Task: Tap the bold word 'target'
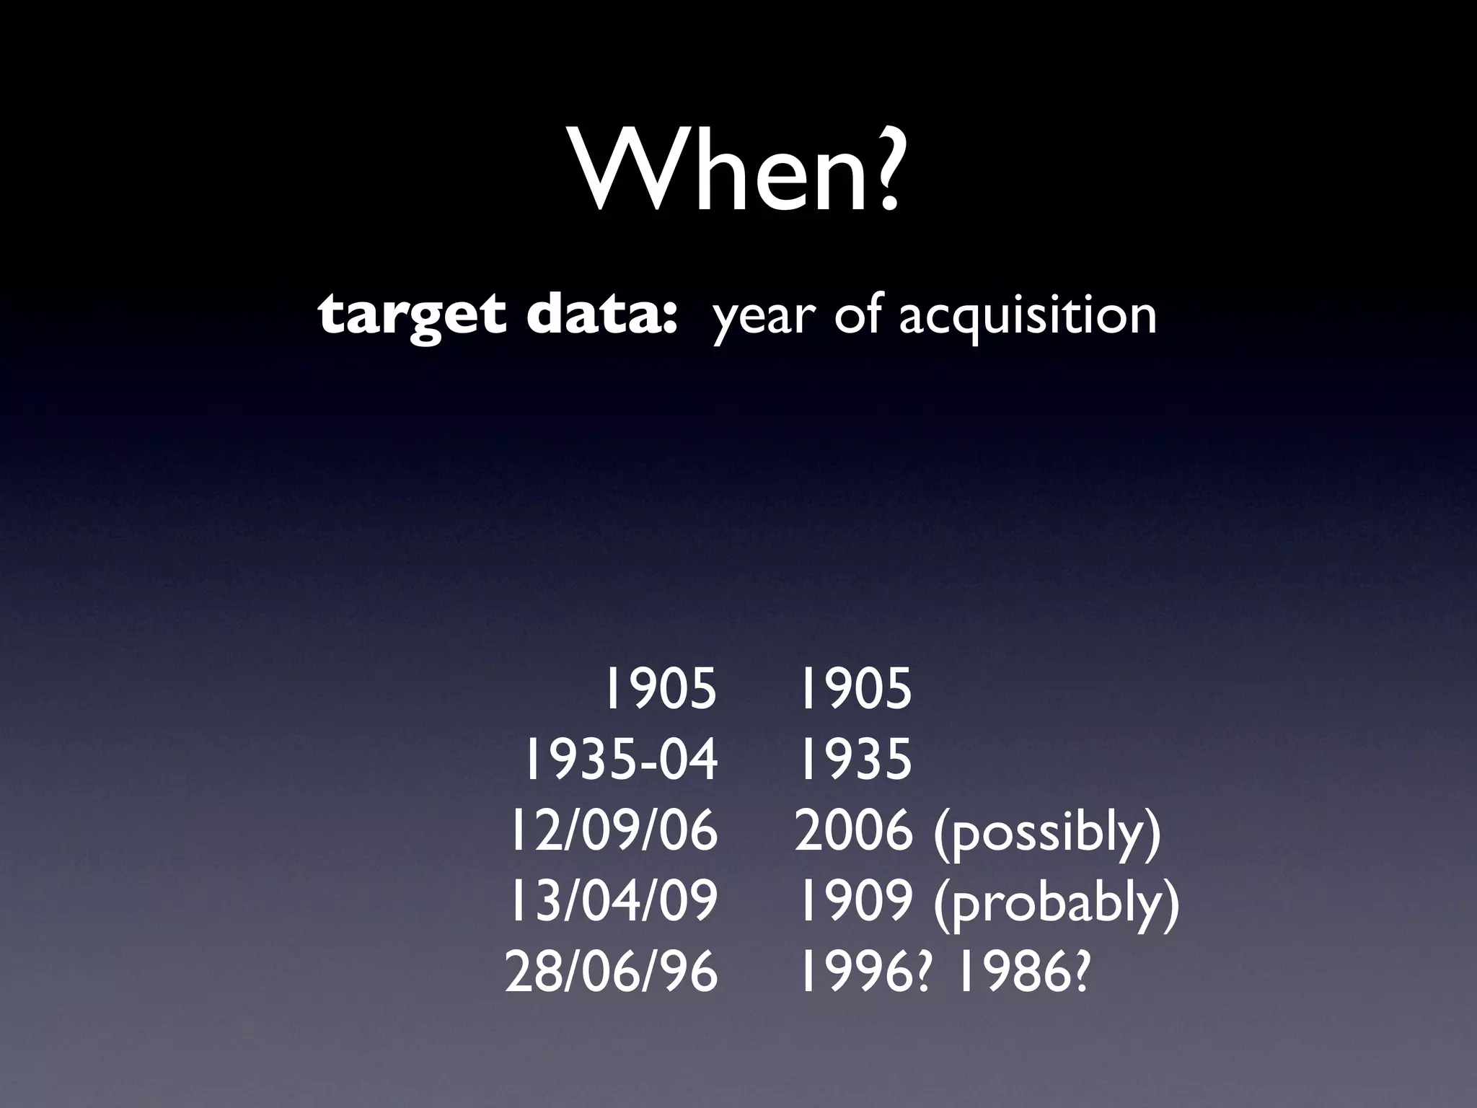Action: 411,316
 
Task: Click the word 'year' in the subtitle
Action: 764,317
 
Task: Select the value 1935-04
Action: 620,760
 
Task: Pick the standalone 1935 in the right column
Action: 855,760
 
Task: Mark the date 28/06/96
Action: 612,971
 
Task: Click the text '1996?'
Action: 866,971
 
